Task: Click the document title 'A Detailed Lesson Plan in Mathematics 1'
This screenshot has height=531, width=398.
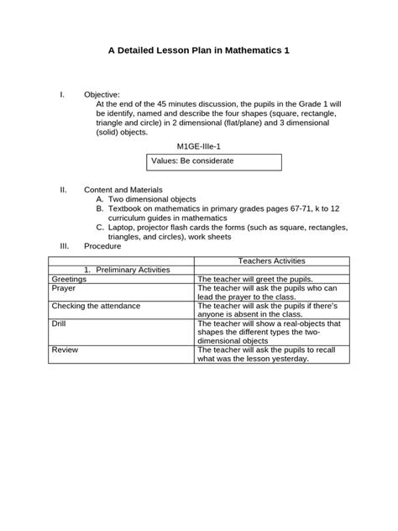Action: point(199,50)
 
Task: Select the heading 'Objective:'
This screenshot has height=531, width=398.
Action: point(102,94)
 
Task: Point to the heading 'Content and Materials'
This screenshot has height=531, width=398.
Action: point(123,190)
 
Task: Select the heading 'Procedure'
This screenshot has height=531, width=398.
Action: point(102,246)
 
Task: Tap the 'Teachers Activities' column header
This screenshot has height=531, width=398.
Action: point(271,261)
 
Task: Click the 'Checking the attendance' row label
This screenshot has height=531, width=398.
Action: point(96,305)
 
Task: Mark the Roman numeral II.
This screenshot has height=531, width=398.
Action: point(63,190)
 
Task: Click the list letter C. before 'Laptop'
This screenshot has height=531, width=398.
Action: point(100,227)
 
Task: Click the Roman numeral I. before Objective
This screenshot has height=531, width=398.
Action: point(62,94)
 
